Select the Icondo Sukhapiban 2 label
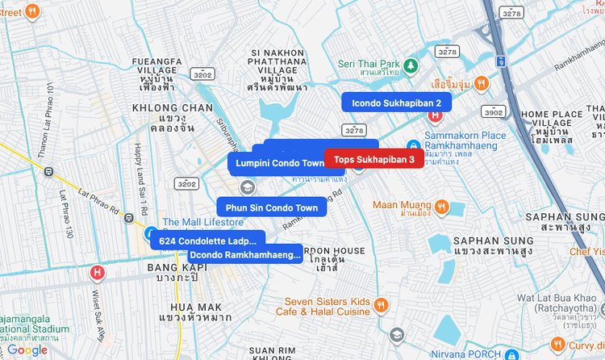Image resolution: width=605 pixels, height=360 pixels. (x=396, y=103)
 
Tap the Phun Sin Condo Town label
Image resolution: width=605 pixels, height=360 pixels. (x=272, y=207)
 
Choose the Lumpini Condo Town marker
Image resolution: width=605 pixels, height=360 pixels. (x=279, y=163)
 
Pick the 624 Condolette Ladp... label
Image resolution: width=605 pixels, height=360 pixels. (x=207, y=241)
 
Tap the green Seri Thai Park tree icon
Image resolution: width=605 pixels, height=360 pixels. (x=411, y=64)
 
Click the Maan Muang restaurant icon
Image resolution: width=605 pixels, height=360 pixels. (x=440, y=206)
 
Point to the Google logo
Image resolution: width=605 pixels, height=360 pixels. (x=27, y=350)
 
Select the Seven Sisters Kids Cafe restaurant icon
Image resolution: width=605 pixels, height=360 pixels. (x=381, y=305)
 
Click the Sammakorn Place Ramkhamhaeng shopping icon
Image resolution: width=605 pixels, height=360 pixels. (x=413, y=147)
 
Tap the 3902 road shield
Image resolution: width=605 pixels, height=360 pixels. (x=494, y=111)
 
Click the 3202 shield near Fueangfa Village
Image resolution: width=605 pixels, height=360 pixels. (x=202, y=74)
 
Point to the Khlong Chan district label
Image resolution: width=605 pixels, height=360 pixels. (x=175, y=113)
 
